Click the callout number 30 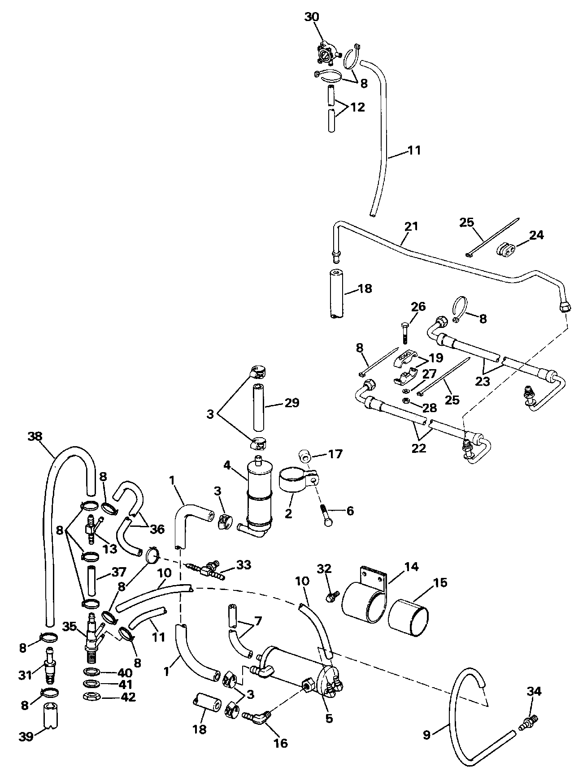coord(312,17)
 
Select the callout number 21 coord(411,226)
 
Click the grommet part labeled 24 coord(505,250)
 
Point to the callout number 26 coord(418,307)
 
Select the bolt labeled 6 coord(325,515)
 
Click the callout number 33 coord(244,565)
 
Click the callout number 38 coord(37,435)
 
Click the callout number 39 coord(26,736)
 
